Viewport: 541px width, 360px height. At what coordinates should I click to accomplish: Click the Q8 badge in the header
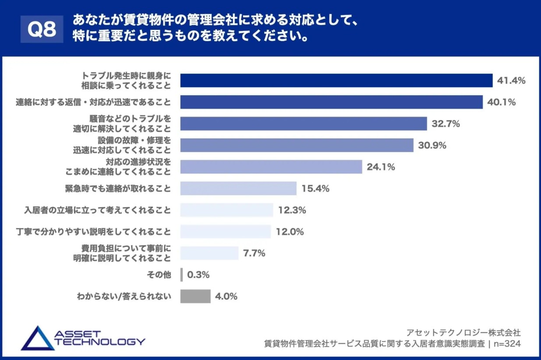[42, 30]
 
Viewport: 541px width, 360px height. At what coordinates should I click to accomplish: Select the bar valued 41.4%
[336, 81]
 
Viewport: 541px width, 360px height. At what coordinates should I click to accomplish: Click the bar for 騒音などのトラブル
[304, 124]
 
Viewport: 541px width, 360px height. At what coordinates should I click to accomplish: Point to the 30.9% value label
[432, 145]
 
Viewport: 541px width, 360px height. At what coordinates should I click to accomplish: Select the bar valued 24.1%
[271, 167]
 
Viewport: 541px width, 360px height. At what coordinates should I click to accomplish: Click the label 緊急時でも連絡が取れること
[118, 189]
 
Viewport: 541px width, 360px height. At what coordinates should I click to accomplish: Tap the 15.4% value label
[315, 189]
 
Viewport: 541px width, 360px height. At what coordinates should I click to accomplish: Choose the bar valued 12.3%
[227, 210]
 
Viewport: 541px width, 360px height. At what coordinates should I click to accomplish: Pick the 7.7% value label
[254, 253]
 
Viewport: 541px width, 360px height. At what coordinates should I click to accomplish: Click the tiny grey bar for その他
[181, 275]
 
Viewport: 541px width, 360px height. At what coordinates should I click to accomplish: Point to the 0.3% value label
[198, 275]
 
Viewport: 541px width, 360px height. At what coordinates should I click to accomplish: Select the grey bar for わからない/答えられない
[195, 296]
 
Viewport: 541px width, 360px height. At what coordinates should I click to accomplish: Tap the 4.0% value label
[226, 296]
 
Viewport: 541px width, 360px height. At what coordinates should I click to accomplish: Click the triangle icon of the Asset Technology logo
[37, 338]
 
